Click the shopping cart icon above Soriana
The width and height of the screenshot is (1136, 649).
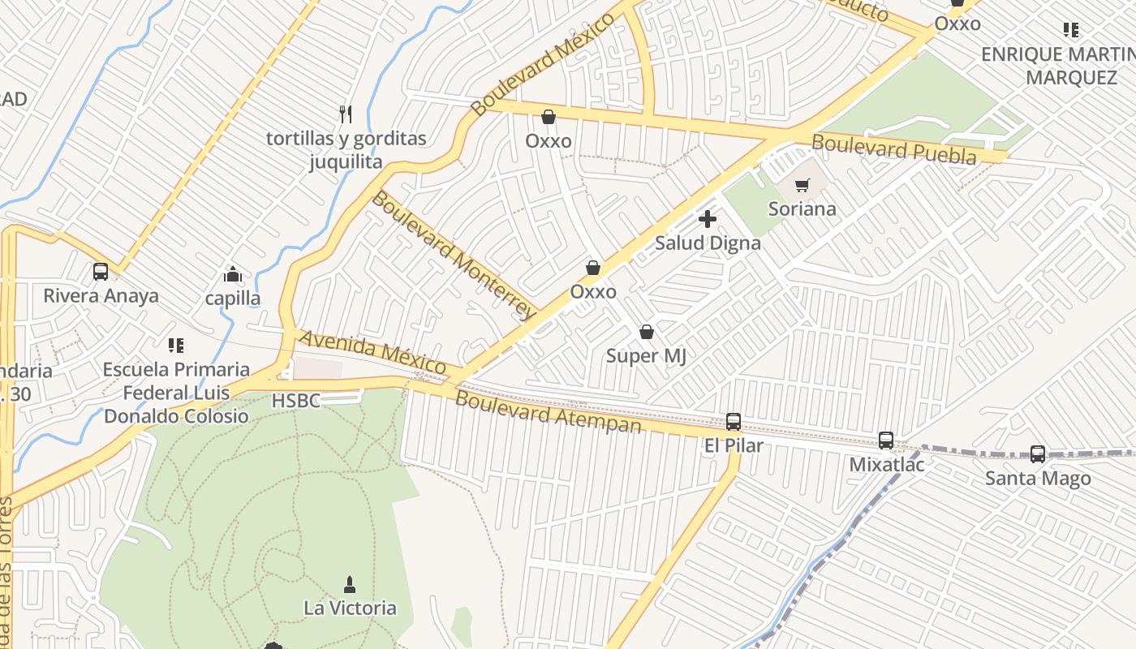pyautogui.click(x=802, y=185)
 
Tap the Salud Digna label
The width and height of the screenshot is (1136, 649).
pyautogui.click(x=708, y=243)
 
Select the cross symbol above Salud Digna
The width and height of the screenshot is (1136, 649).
pyautogui.click(x=708, y=218)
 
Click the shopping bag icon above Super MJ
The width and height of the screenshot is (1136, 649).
pyautogui.click(x=647, y=332)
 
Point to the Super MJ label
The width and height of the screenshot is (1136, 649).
pyautogui.click(x=647, y=355)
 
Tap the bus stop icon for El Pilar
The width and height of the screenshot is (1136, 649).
pyautogui.click(x=734, y=422)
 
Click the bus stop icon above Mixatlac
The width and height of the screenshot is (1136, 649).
pyautogui.click(x=886, y=441)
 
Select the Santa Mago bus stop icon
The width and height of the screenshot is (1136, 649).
pyautogui.click(x=1038, y=454)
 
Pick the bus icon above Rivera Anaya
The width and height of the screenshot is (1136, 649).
pyautogui.click(x=101, y=272)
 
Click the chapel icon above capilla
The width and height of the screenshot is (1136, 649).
pyautogui.click(x=234, y=275)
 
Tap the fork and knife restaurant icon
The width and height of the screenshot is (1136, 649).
pyautogui.click(x=346, y=114)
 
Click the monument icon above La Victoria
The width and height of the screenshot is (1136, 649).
pyautogui.click(x=350, y=584)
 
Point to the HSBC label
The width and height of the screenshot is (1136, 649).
pyautogui.click(x=295, y=401)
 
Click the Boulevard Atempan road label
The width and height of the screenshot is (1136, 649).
pyautogui.click(x=548, y=411)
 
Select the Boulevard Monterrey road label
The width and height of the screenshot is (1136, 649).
pyautogui.click(x=454, y=254)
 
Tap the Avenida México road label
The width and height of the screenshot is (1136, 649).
pyautogui.click(x=373, y=353)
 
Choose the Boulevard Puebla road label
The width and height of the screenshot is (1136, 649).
pyautogui.click(x=894, y=149)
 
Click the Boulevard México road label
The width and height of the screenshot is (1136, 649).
pyautogui.click(x=543, y=64)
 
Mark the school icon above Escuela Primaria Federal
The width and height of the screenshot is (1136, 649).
pyautogui.click(x=176, y=346)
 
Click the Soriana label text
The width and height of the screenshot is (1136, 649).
pyautogui.click(x=802, y=208)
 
